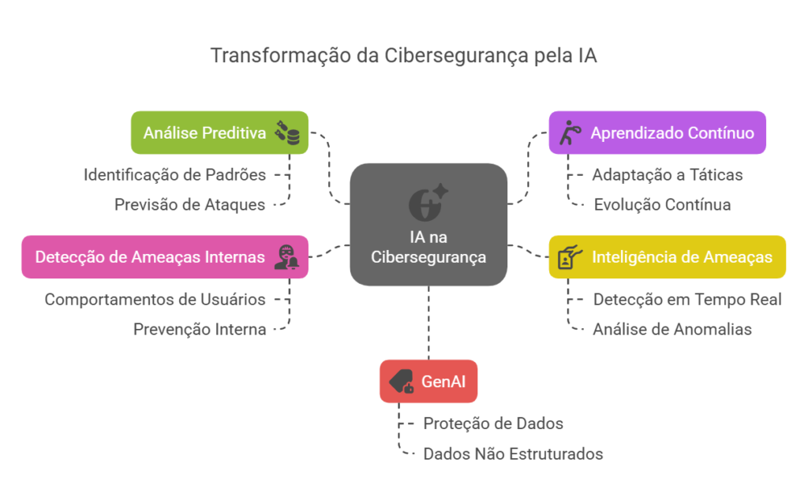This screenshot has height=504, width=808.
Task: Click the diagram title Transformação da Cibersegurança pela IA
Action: click(x=404, y=56)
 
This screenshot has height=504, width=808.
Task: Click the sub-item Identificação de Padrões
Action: click(x=174, y=174)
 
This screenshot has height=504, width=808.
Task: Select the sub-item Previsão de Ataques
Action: click(x=189, y=204)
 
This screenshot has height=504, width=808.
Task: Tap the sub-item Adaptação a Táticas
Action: click(x=668, y=174)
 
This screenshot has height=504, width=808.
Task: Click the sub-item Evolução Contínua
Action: click(x=662, y=204)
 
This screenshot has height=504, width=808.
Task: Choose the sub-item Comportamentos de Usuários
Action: click(x=155, y=299)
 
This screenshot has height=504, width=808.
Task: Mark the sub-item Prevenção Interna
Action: click(x=200, y=330)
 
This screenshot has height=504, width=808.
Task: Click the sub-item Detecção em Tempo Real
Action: click(x=687, y=299)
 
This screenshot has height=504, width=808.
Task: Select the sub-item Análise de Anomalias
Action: click(x=672, y=330)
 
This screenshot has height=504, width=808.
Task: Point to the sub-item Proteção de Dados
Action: click(x=493, y=424)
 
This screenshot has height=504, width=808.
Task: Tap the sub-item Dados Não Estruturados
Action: click(x=513, y=454)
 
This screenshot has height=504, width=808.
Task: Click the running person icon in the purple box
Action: click(x=568, y=133)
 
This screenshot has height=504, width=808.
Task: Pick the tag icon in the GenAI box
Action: click(x=401, y=382)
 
